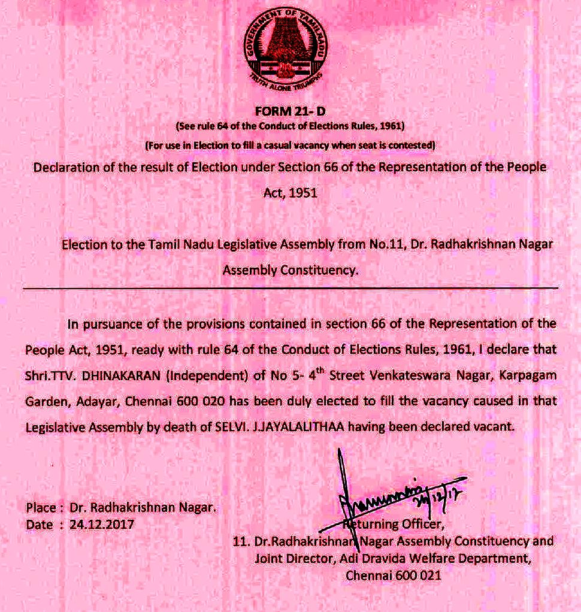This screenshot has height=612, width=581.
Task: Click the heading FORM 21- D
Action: (x=290, y=112)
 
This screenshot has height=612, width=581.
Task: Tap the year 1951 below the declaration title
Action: (x=290, y=193)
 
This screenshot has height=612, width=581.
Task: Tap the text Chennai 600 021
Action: (x=394, y=575)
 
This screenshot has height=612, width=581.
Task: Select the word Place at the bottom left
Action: (x=41, y=508)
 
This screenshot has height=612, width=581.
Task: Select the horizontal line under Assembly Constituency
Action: (x=290, y=289)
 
